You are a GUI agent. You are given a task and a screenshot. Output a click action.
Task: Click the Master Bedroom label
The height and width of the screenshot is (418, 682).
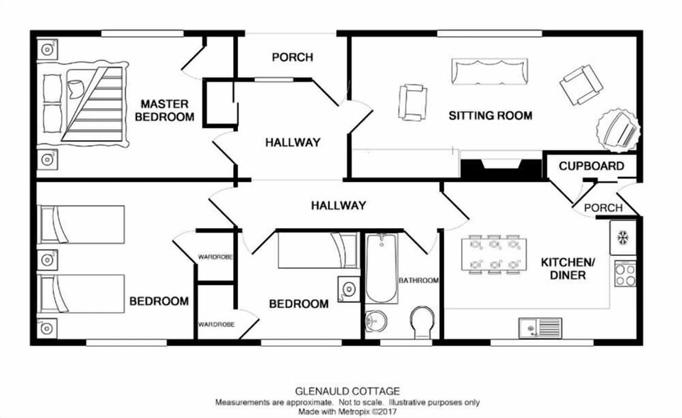pos(166,110)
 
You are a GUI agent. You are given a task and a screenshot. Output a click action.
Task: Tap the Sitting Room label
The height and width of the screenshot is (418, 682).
pos(490,115)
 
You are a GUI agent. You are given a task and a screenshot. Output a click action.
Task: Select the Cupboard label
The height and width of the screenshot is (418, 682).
pos(591,166)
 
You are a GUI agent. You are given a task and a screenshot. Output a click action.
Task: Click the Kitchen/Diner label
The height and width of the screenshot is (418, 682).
pos(568,269)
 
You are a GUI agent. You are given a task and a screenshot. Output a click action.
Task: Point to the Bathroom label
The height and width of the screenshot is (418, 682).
pos(418,280)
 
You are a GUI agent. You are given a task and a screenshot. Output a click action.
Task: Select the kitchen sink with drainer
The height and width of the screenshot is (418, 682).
pos(540,327)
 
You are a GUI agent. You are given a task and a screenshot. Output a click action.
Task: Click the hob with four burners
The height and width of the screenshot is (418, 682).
pos(625,274)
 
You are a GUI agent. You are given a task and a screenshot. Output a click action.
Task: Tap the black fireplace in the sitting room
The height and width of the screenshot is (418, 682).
pos(502,168)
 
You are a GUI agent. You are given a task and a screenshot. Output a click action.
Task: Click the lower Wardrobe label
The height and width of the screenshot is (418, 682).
pos(216,324)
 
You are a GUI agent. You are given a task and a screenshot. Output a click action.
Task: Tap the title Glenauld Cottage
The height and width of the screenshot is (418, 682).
pos(347,390)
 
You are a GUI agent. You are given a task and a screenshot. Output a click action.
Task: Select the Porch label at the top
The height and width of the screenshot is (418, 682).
pos(292,57)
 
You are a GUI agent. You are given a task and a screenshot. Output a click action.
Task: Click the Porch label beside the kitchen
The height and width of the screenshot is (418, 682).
pos(603,208)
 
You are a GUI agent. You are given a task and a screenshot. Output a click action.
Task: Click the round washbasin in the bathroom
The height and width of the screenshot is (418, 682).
pos(376,321)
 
